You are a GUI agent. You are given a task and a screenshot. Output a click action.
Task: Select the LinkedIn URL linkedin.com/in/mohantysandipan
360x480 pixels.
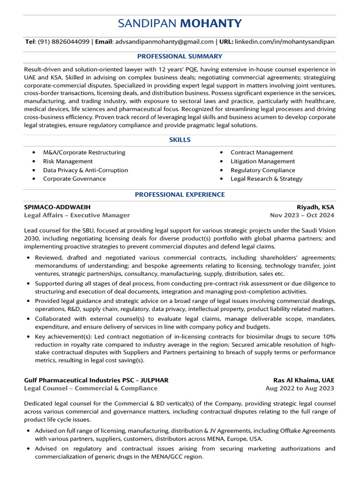[285, 42]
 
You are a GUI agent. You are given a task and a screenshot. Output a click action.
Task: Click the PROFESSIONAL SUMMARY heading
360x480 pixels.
[180, 56]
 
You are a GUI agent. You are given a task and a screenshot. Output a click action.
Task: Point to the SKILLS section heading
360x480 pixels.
[180, 140]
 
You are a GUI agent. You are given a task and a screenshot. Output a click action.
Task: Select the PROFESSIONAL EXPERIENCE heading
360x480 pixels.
[180, 195]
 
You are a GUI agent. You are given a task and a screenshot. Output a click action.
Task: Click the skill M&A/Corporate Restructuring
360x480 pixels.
[84, 152]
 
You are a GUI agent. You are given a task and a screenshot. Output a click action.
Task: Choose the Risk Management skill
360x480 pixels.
[68, 161]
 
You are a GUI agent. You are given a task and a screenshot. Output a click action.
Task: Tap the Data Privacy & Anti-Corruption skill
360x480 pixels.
[85, 170]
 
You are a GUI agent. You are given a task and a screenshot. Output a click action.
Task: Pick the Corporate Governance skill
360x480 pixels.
[75, 179]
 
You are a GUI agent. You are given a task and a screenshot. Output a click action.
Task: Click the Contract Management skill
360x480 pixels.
[262, 152]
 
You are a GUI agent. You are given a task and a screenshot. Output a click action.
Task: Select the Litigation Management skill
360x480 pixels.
[262, 161]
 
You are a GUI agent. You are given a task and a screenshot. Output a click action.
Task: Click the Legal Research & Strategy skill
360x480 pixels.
[266, 179]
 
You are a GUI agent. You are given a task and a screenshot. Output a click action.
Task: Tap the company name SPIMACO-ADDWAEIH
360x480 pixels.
[57, 207]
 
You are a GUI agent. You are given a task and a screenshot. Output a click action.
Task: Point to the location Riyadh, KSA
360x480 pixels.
[315, 207]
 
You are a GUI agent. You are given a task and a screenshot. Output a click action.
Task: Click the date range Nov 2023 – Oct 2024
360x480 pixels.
[302, 216]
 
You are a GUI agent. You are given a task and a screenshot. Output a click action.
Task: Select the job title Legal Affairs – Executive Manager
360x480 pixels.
[77, 216]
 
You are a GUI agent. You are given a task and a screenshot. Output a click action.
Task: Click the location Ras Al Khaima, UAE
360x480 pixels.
[304, 380]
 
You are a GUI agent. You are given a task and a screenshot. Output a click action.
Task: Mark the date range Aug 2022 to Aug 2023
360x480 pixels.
[300, 389]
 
